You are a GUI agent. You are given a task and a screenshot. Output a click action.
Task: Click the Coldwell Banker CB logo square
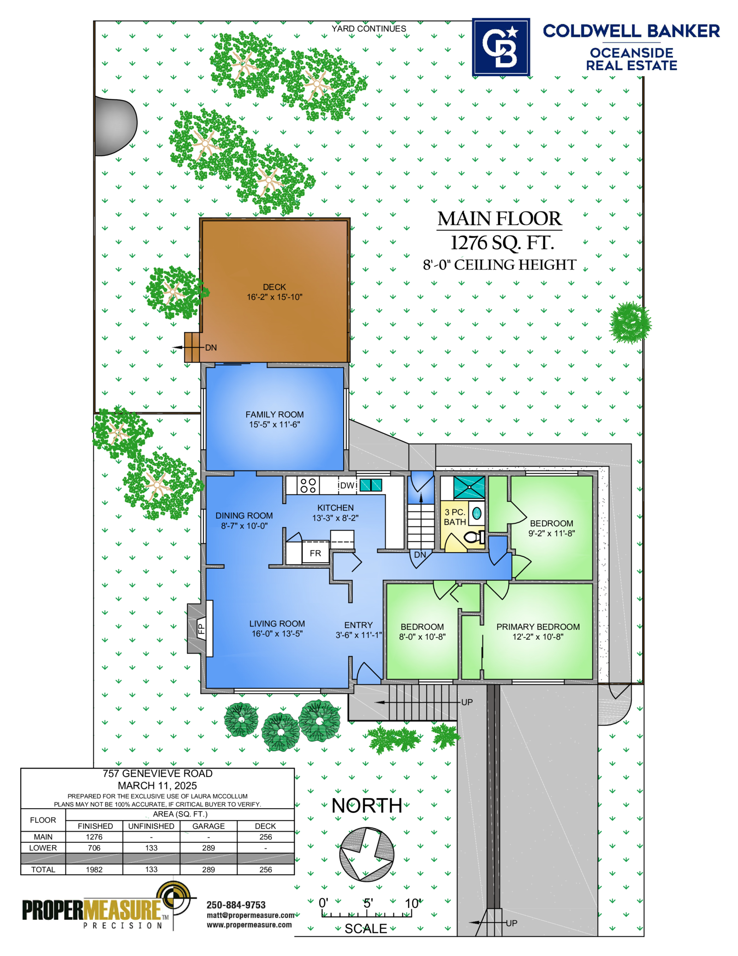coord(501,47)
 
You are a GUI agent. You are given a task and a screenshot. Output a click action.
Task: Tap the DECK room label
coord(274,287)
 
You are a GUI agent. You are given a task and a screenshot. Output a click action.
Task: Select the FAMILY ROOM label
coord(274,415)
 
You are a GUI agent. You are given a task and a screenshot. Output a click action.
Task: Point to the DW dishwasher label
coord(347,486)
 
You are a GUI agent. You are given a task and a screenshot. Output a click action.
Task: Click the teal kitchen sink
coord(371,485)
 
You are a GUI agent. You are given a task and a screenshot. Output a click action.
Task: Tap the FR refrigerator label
coord(315,553)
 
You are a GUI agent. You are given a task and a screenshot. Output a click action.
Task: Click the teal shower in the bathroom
coord(469,487)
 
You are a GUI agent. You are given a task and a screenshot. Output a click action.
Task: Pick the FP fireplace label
coord(201,629)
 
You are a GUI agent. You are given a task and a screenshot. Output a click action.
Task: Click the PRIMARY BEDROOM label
coord(538,627)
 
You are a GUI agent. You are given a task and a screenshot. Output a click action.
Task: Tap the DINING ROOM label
coord(244,516)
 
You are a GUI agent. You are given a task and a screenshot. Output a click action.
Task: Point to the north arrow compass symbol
coord(367,854)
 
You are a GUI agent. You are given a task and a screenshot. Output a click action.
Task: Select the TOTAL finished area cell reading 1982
coord(94,870)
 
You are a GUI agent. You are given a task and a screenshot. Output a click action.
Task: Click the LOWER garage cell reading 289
coord(208,848)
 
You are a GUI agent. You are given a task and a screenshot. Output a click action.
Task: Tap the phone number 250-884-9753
coord(236,905)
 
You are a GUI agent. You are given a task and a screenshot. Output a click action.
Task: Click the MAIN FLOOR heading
coord(500,219)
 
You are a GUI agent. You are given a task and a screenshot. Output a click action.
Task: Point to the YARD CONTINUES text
coord(369,29)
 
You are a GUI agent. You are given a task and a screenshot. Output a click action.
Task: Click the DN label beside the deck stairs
coord(211,348)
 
